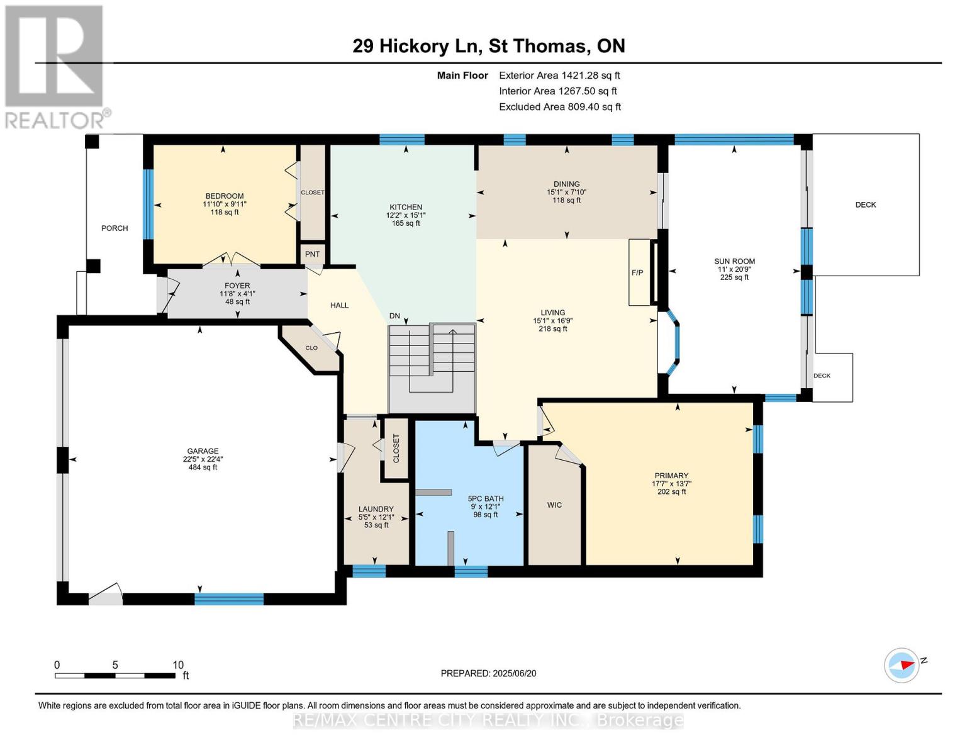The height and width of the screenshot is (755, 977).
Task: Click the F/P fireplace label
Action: (637, 272)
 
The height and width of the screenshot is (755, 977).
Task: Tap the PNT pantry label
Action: (312, 254)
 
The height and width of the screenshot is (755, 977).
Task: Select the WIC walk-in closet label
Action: (554, 505)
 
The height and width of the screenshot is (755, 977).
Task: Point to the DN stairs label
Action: (394, 316)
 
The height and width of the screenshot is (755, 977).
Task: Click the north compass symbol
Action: (902, 665)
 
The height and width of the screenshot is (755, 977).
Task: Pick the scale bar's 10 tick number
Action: (178, 664)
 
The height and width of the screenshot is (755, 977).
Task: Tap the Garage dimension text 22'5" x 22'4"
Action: (203, 459)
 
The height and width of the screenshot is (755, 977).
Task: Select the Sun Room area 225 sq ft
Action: (734, 277)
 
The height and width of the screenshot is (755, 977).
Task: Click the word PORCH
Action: (114, 228)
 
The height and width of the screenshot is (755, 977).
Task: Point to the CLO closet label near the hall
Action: (311, 347)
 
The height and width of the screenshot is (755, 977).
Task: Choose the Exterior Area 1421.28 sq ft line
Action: (559, 75)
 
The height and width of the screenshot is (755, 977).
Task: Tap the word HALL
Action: (339, 305)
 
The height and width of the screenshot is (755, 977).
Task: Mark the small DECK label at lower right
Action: (822, 376)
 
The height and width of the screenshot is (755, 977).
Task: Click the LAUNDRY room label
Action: (376, 508)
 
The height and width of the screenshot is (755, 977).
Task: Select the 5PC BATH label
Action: (486, 498)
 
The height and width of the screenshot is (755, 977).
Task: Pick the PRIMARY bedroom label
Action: (671, 475)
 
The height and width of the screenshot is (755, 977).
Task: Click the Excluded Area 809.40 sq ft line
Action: (560, 107)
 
